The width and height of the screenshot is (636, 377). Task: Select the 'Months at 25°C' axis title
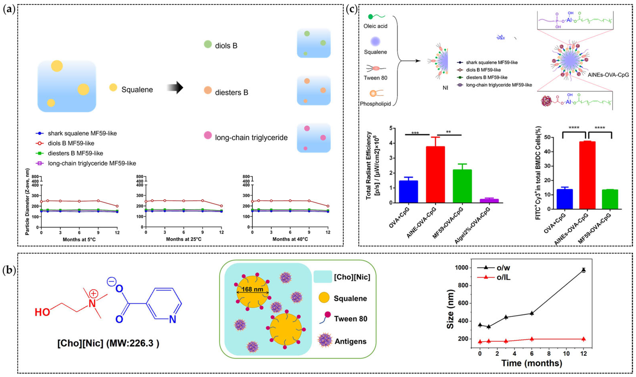pyautogui.click(x=184, y=239)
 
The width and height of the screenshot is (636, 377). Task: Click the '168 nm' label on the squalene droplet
pyautogui.click(x=252, y=289)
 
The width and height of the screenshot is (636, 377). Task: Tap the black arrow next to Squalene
pyautogui.click(x=175, y=88)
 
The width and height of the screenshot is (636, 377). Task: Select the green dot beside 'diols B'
pyautogui.click(x=208, y=44)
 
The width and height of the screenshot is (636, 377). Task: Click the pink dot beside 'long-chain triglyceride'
pyautogui.click(x=208, y=135)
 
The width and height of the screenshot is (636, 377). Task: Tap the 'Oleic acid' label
pyautogui.click(x=375, y=26)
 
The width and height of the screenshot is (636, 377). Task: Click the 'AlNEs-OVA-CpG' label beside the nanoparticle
pyautogui.click(x=608, y=75)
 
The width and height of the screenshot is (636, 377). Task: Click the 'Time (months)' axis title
pyautogui.click(x=532, y=363)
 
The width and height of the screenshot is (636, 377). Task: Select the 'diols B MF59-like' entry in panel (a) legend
pyautogui.click(x=71, y=143)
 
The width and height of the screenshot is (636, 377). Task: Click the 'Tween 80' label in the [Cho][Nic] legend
pyautogui.click(x=350, y=319)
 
